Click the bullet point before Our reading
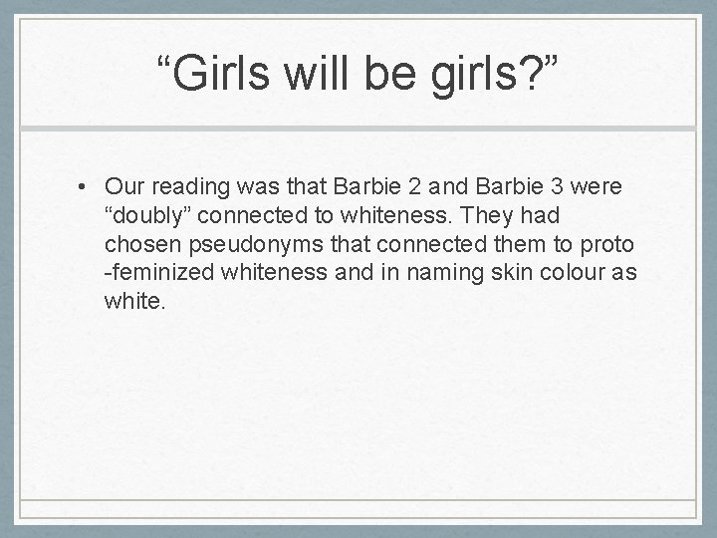click(x=89, y=186)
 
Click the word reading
click(x=193, y=186)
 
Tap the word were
click(x=600, y=186)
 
